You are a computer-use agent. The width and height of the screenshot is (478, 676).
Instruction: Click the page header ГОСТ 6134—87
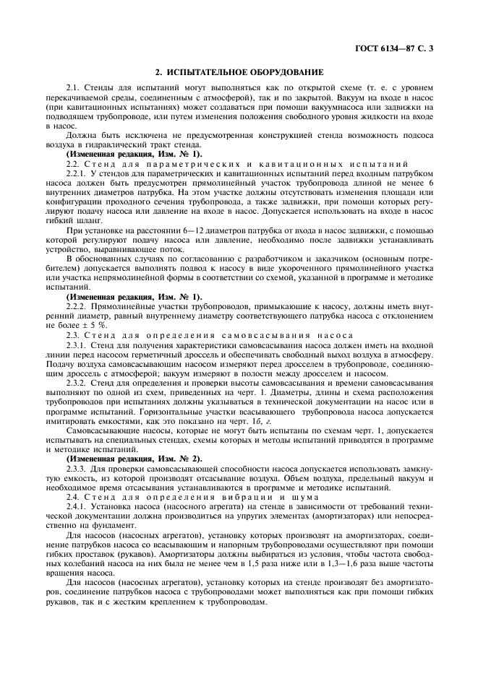click(408, 49)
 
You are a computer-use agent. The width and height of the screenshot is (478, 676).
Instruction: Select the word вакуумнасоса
click(301, 105)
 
